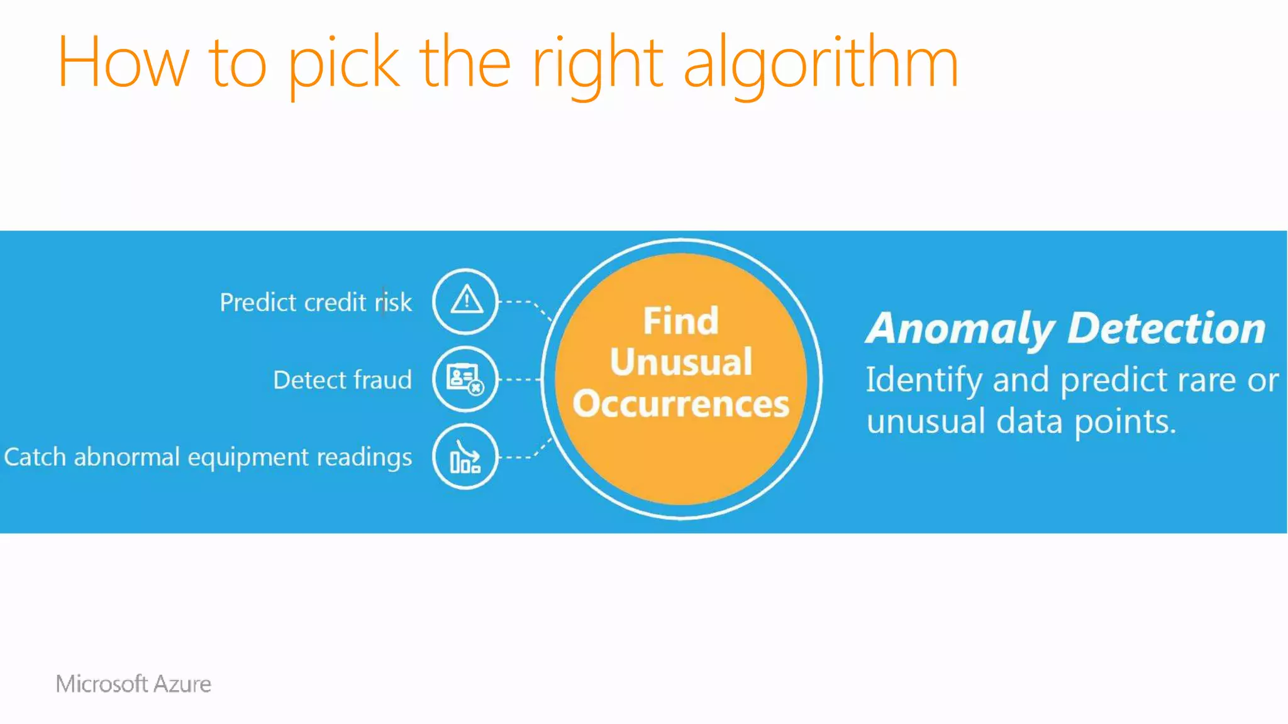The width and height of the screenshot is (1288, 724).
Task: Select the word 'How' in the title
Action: tap(123, 63)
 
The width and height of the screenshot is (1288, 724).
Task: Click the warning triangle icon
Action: tap(465, 300)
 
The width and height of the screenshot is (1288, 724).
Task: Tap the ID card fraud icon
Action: tap(465, 379)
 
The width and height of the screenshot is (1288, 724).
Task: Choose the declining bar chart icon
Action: tap(465, 457)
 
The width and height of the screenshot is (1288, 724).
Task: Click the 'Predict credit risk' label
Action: tap(316, 302)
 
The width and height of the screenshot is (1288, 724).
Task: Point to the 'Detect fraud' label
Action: tap(342, 380)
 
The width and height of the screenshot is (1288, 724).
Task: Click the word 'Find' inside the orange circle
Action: tap(680, 321)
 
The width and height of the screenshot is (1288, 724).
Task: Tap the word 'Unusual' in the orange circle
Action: tap(680, 362)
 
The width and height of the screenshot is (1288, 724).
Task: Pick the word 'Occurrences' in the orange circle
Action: tap(680, 403)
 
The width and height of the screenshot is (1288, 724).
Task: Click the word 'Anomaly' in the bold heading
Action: tap(960, 329)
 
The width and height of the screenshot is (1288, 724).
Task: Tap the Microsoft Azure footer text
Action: tap(133, 684)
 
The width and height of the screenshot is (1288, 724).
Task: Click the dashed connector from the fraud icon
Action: tap(521, 380)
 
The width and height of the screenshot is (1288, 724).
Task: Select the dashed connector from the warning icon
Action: tap(525, 304)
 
